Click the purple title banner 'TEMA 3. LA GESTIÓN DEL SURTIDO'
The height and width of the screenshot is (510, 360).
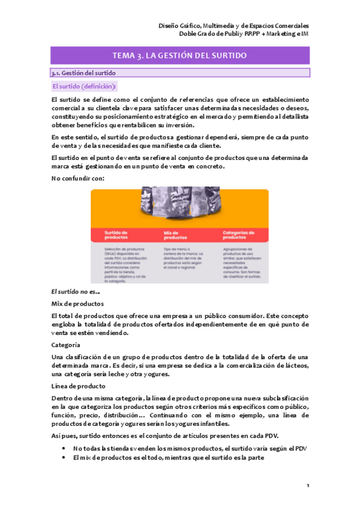(x=180, y=55)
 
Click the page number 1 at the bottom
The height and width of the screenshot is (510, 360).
(x=307, y=485)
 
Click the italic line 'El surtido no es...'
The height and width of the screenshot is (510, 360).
(x=76, y=291)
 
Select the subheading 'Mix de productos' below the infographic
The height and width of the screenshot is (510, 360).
(x=78, y=304)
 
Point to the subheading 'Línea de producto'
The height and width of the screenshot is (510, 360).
(x=79, y=386)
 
